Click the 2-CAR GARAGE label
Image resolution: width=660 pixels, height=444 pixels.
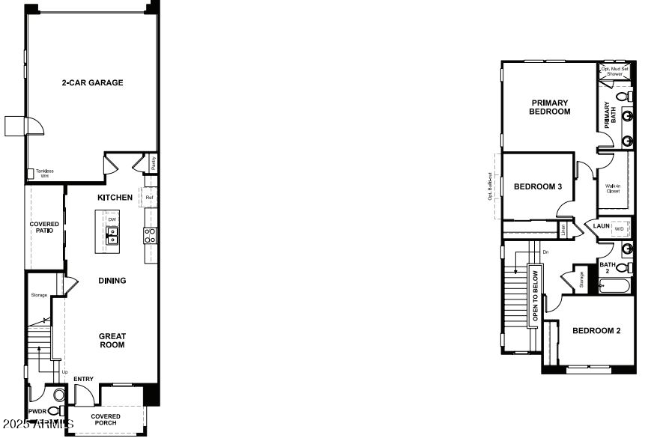click(x=92, y=82)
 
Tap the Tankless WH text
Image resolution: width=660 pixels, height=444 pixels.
click(x=44, y=173)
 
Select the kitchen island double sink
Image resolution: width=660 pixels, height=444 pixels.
click(x=112, y=236)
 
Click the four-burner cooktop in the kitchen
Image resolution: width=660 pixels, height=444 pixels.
click(x=150, y=236)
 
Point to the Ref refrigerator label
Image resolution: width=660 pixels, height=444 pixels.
click(x=149, y=198)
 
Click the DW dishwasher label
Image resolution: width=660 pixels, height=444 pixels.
click(x=112, y=219)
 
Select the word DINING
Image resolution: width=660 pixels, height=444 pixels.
click(x=112, y=281)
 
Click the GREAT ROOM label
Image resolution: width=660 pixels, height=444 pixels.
click(x=112, y=341)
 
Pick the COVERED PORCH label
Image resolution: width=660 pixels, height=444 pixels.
click(x=106, y=419)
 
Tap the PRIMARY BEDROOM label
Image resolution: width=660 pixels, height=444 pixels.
click(x=550, y=107)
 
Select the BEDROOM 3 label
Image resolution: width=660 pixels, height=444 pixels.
click(x=538, y=186)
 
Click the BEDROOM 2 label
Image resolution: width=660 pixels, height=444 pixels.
click(x=596, y=330)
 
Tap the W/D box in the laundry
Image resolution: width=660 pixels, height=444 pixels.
click(x=620, y=228)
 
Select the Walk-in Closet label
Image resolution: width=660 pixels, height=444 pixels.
click(x=613, y=188)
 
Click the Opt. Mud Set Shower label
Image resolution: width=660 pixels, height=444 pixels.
click(x=615, y=72)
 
